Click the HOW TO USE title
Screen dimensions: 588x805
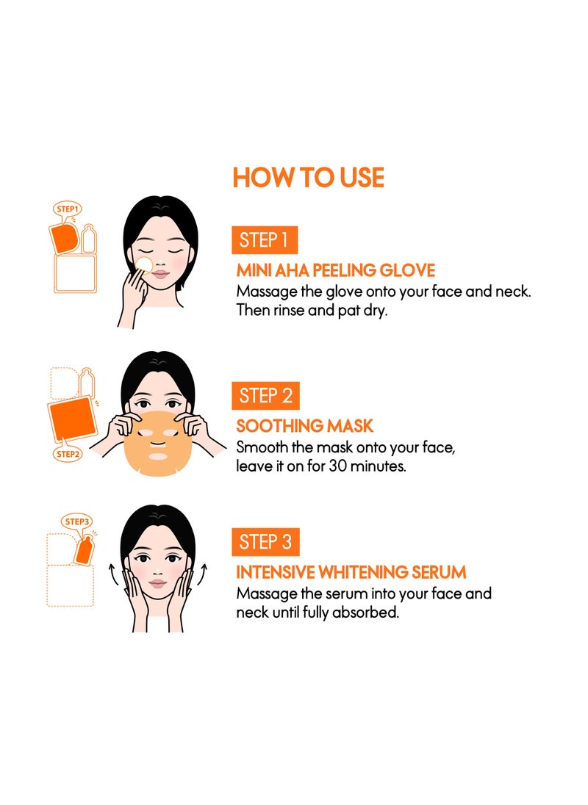click(308, 178)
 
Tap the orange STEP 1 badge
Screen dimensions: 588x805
click(265, 239)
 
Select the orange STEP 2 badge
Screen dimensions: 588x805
click(265, 396)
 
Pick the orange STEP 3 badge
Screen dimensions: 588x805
click(265, 541)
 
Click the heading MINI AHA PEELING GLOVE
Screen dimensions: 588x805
click(336, 270)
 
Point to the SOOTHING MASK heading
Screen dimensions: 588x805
click(304, 425)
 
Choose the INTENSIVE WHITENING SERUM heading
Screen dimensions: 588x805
click(351, 572)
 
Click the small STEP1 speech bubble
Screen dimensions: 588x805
click(68, 209)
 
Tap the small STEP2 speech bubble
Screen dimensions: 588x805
click(68, 453)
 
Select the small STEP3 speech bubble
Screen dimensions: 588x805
click(77, 521)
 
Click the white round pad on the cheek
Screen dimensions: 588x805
click(144, 265)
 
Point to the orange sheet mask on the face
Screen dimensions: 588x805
click(157, 443)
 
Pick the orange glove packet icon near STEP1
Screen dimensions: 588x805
click(64, 238)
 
